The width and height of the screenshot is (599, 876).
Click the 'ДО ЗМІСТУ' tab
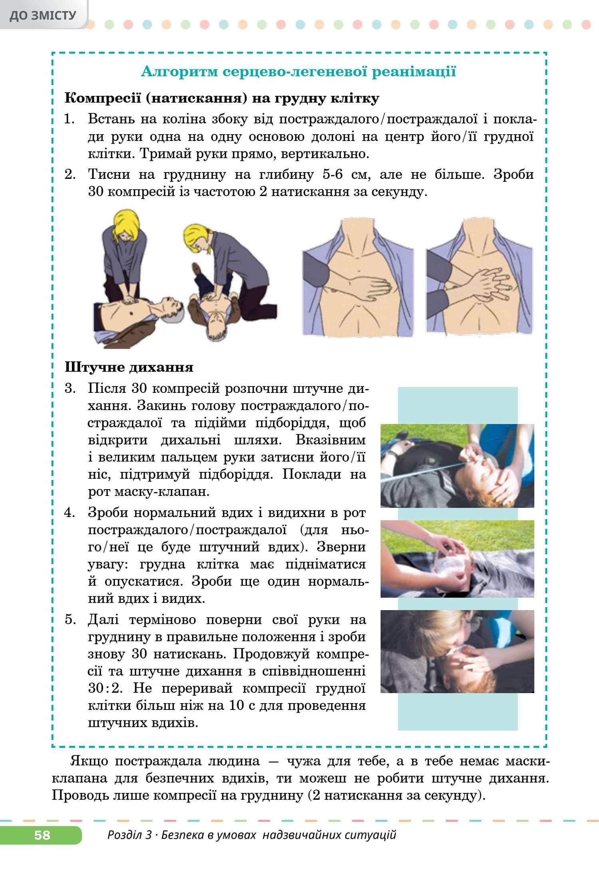(43, 15)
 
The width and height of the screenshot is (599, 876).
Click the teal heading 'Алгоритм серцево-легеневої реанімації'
(299, 72)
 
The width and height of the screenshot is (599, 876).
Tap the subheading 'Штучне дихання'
(129, 367)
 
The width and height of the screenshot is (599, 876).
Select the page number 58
(42, 835)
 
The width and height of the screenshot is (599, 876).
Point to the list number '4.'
(70, 512)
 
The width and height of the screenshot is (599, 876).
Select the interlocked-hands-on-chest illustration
(480, 275)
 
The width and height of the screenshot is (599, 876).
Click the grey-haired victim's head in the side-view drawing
(175, 309)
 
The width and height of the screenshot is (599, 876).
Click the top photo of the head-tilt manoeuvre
(457, 466)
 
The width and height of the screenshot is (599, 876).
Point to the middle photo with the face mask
(457, 559)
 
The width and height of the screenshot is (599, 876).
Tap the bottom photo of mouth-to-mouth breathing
(457, 651)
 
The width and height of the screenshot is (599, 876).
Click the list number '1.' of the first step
(70, 119)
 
